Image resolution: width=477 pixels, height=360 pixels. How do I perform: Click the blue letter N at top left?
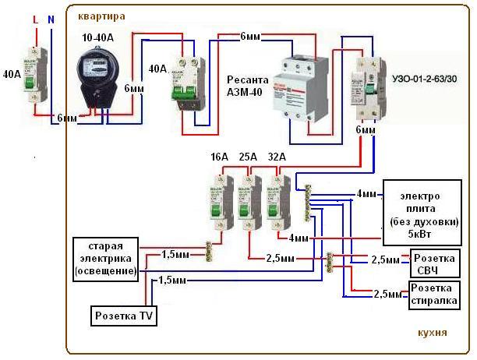(51, 17)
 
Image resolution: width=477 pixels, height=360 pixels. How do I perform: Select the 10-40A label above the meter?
(99, 37)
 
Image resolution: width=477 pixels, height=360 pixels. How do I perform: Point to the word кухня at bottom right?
(432, 332)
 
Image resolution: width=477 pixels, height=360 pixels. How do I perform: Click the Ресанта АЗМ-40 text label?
(248, 86)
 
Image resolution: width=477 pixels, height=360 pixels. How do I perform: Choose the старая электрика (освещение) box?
(105, 258)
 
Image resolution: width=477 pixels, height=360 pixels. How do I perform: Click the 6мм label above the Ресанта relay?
(251, 37)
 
